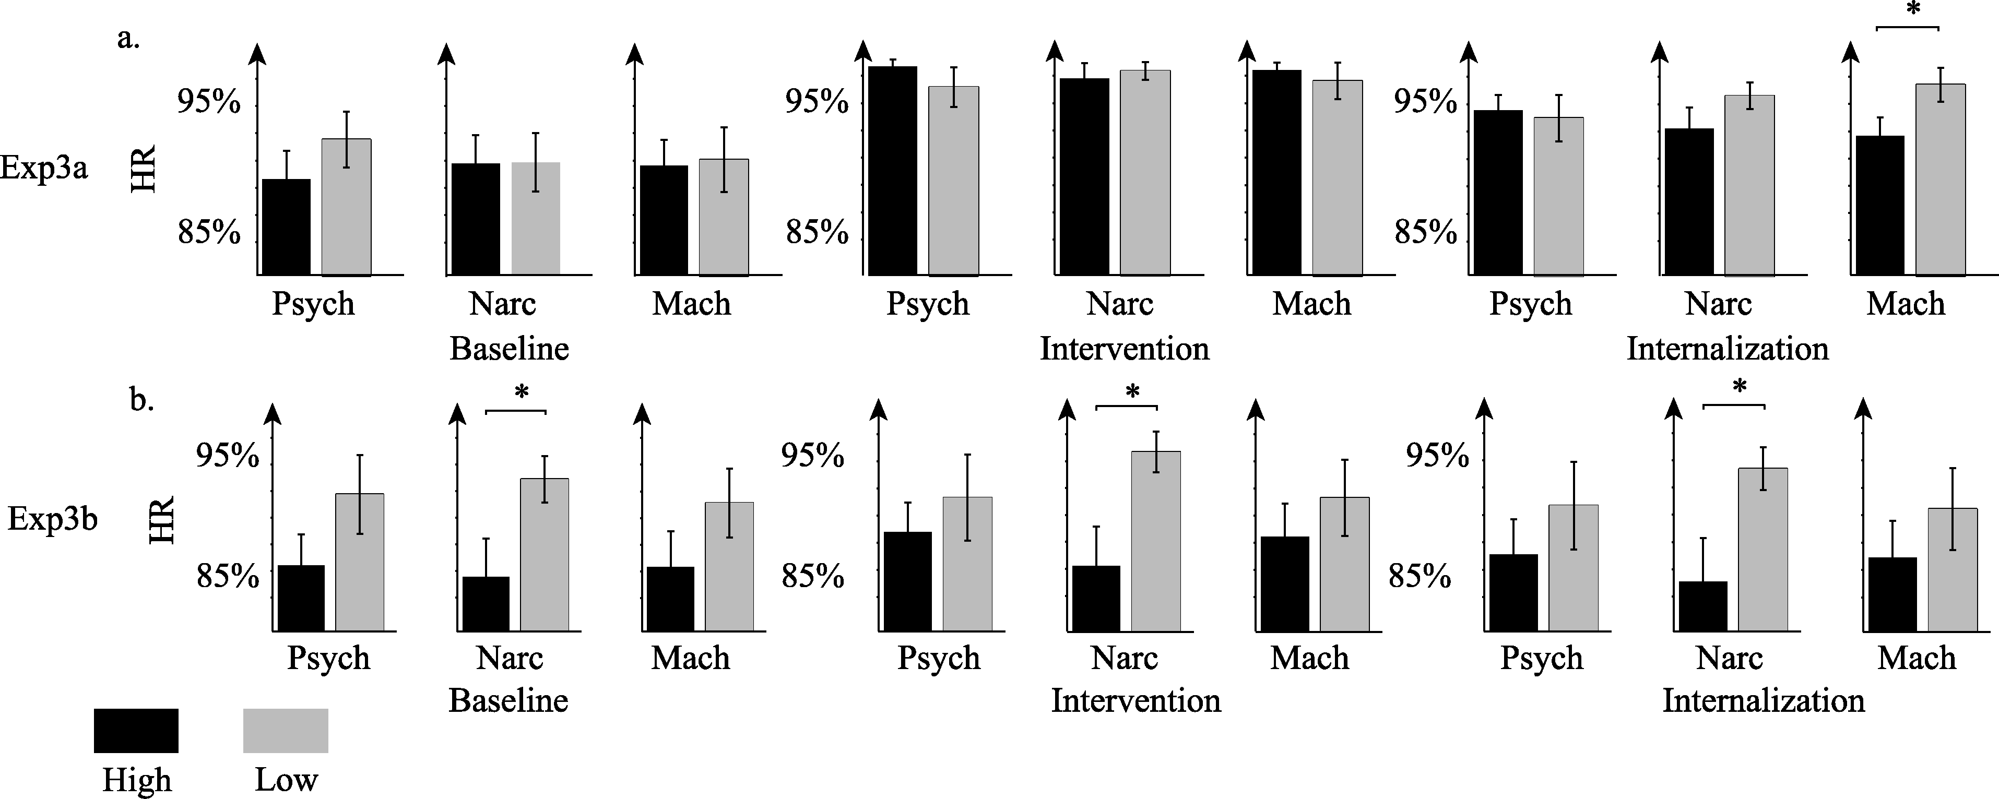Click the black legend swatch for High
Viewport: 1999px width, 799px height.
pyautogui.click(x=136, y=730)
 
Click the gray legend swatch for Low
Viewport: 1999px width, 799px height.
pyautogui.click(x=286, y=730)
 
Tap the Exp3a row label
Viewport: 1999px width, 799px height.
pyautogui.click(x=44, y=168)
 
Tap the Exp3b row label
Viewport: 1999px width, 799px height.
pyautogui.click(x=52, y=519)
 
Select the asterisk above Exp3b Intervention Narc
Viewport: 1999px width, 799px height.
pyautogui.click(x=1132, y=392)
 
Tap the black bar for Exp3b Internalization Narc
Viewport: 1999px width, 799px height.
pyautogui.click(x=1702, y=606)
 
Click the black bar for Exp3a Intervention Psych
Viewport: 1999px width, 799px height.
pyautogui.click(x=892, y=171)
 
